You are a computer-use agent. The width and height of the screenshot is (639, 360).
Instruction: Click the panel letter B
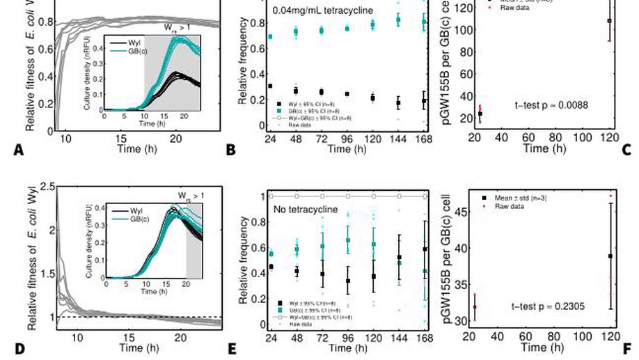click(230, 149)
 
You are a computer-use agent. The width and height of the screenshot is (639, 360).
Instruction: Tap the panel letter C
click(626, 149)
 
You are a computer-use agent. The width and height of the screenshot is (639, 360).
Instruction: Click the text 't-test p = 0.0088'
click(551, 105)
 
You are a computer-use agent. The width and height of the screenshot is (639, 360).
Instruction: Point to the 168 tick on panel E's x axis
click(424, 338)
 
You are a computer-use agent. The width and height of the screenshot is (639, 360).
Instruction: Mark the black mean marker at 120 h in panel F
click(610, 256)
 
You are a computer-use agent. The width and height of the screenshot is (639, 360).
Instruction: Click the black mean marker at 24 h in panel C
click(480, 114)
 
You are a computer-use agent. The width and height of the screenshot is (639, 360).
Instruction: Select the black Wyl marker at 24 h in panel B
click(270, 86)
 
